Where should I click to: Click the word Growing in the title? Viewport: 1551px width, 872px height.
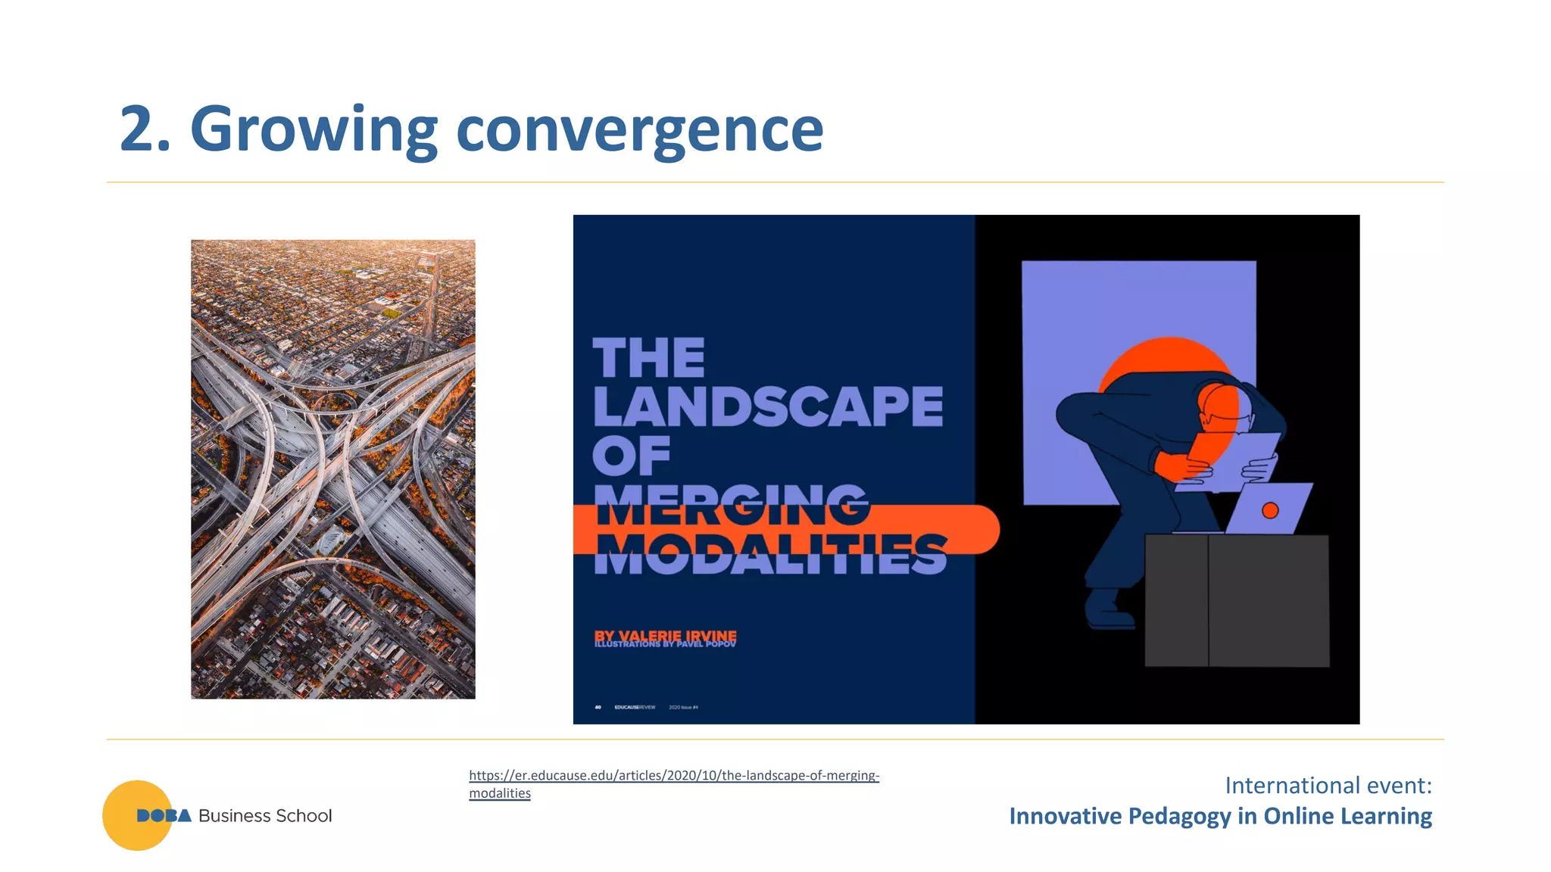pyautogui.click(x=314, y=130)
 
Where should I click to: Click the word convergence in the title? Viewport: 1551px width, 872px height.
pyautogui.click(x=639, y=130)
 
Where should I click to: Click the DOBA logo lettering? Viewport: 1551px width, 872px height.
pyautogui.click(x=164, y=816)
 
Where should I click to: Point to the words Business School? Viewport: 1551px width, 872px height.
pyautogui.click(x=265, y=816)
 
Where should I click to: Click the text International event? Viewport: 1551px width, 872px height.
pyautogui.click(x=1328, y=786)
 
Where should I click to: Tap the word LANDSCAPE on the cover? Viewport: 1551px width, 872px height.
pyautogui.click(x=767, y=407)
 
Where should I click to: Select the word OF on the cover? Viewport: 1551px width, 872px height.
pyautogui.click(x=631, y=456)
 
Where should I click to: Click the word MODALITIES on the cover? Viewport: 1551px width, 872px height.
pyautogui.click(x=769, y=554)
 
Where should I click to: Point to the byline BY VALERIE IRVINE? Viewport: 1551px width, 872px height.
pyautogui.click(x=665, y=635)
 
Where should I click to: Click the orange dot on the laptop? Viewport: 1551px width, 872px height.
pyautogui.click(x=1270, y=511)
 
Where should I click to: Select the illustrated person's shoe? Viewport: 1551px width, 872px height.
pyautogui.click(x=1106, y=610)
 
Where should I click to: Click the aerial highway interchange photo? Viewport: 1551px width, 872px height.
pyautogui.click(x=333, y=469)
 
